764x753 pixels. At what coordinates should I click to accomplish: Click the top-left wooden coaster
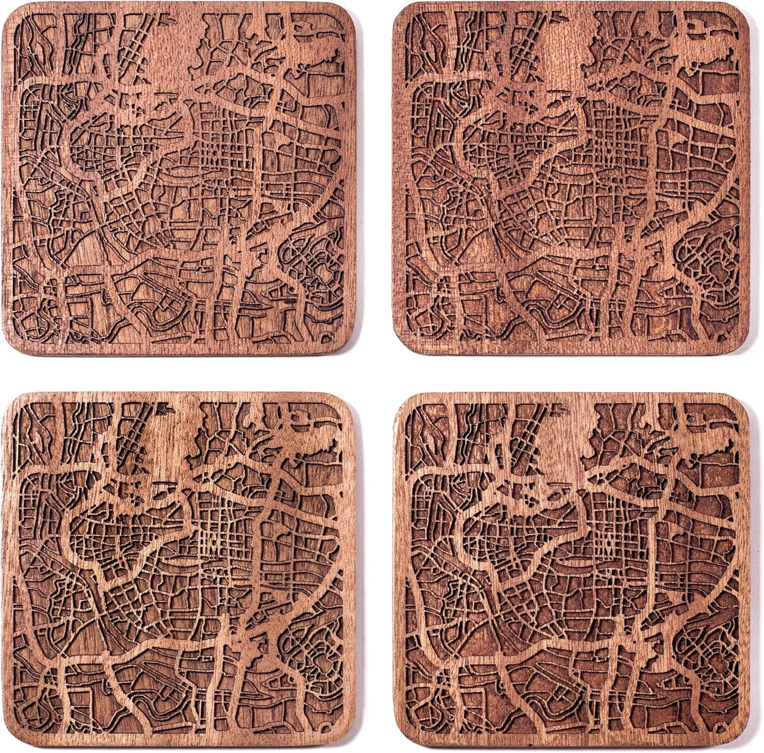coord(180,177)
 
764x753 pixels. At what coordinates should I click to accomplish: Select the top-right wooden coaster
coord(571,177)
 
